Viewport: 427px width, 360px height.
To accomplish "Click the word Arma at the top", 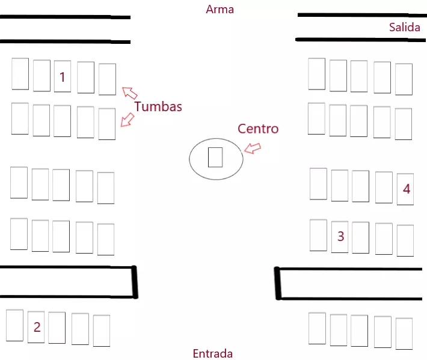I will point(220,10).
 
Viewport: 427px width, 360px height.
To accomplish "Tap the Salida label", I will point(404,27).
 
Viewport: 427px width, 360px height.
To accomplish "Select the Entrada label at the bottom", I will point(212,353).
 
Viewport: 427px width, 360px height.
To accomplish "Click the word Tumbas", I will point(158,106).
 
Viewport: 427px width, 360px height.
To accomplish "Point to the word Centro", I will point(258,128).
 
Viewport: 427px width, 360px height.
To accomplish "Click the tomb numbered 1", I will point(62,76).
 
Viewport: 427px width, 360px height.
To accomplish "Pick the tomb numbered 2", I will point(36,326).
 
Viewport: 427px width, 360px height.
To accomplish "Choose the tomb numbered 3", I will point(340,236).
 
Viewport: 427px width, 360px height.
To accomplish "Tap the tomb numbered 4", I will point(405,189).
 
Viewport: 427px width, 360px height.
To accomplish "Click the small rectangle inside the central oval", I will point(215,157).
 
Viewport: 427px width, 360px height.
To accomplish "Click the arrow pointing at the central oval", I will point(253,148).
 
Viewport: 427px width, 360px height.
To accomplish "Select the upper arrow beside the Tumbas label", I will point(130,93).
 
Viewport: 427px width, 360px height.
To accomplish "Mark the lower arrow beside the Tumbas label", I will point(127,120).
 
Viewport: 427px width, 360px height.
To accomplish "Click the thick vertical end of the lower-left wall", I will point(135,282).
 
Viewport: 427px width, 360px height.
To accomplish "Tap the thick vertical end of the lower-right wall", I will point(278,283).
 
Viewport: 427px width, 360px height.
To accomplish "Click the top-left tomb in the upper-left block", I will point(20,73).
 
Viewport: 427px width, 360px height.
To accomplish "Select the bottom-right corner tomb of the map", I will point(404,334).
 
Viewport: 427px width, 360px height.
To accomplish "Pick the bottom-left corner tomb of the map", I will point(14,325).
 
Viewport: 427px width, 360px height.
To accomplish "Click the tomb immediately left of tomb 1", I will point(41,76).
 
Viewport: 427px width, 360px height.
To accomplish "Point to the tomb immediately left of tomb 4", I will point(384,188).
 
